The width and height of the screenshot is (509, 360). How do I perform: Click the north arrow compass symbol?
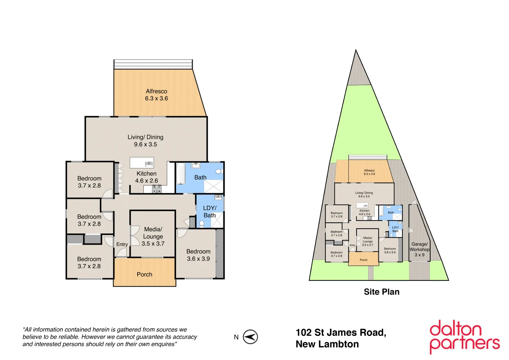tap(250, 337)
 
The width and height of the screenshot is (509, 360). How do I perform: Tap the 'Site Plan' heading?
tap(381, 292)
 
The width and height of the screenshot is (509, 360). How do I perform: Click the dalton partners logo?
tap(464, 337)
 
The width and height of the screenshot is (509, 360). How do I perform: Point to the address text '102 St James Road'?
tap(341, 333)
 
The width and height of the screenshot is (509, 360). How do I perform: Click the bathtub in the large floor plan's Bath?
tap(180, 173)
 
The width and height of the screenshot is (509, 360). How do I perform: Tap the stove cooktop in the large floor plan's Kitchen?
tap(157, 189)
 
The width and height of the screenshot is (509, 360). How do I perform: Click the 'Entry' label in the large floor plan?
tap(122, 244)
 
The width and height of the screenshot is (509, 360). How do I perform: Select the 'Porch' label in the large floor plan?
tap(144, 274)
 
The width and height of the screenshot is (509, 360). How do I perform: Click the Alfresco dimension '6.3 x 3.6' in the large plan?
tap(156, 98)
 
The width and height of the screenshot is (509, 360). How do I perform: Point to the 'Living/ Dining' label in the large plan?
tap(146, 137)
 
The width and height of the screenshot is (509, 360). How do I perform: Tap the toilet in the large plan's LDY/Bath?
tap(202, 223)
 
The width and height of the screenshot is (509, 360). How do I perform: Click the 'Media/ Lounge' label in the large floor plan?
tap(153, 233)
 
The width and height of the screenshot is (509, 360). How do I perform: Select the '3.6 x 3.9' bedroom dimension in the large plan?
tap(198, 259)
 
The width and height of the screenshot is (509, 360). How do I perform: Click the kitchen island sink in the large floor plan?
tap(149, 164)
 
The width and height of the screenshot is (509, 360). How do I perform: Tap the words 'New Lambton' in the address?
tap(327, 344)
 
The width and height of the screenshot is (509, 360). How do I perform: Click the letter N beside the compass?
tap(236, 337)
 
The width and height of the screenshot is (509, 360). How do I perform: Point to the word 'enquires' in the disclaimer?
tap(162, 344)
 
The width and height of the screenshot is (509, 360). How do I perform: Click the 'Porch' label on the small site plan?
tap(363, 260)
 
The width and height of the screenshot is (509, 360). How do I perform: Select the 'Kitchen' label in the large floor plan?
tap(146, 174)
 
